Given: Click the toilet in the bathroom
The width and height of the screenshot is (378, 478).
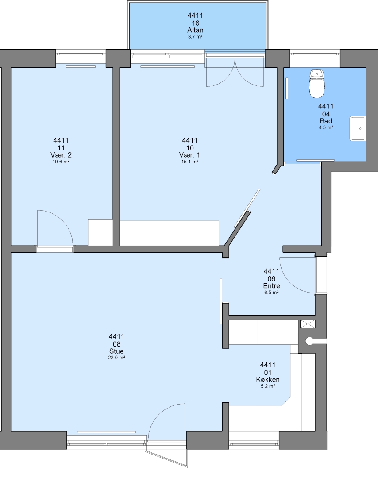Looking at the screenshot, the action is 317,84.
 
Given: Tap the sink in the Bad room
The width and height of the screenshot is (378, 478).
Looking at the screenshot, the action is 358,128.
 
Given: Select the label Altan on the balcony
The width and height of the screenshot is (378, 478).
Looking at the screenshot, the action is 195,30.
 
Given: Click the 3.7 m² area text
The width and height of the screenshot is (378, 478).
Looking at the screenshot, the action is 195,37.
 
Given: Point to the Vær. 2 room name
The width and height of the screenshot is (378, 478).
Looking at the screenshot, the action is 61,155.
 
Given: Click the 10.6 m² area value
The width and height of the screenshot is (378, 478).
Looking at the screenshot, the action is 61,162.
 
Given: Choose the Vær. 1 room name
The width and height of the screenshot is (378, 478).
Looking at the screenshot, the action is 189,155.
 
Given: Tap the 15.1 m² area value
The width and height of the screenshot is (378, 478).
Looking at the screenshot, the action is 190,162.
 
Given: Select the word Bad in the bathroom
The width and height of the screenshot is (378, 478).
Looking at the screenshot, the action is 326,121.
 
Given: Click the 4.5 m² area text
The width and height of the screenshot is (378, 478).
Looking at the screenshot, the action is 326,128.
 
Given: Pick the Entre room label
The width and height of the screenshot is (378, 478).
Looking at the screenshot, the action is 272,286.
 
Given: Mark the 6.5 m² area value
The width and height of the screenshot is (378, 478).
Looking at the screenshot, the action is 272,293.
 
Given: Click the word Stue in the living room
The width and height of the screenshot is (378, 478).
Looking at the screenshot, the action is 116,351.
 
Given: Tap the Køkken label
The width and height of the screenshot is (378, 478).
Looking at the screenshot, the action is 268,380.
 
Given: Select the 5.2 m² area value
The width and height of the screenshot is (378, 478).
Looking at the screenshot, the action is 268,386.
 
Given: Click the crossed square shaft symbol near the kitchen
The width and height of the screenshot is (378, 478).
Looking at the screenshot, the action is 308,324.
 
